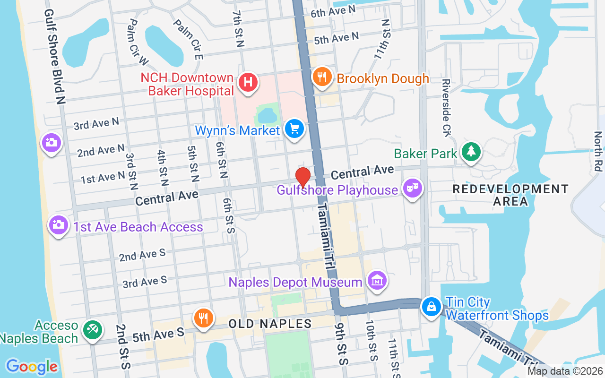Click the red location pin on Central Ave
coord(302,177)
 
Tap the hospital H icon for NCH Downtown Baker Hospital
coord(248,82)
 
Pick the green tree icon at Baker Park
coord(471,151)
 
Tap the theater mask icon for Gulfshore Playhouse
coord(412,188)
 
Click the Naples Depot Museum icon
coord(377,280)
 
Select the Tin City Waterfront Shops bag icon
coord(431,306)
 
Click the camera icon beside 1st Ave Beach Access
coord(59,224)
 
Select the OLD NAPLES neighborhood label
coord(270,324)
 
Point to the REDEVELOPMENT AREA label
coord(510,195)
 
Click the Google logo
coord(32,366)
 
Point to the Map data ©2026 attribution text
coord(565,371)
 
